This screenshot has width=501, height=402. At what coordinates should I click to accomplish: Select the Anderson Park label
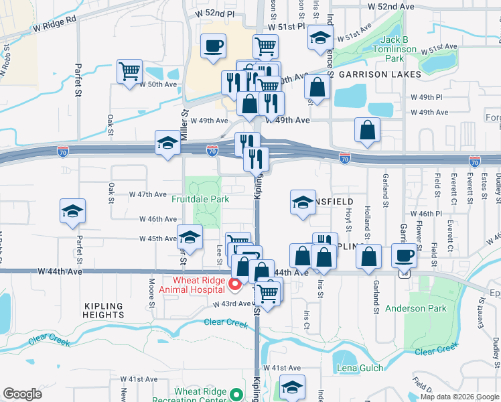(x=415, y=308)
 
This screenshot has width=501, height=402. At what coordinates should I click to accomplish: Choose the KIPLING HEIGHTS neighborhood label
(x=104, y=310)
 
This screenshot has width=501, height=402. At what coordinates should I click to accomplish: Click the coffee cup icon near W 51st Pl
(x=214, y=47)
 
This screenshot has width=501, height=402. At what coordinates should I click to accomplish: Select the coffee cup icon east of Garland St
(x=404, y=256)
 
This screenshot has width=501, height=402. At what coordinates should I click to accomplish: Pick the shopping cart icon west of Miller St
(x=129, y=70)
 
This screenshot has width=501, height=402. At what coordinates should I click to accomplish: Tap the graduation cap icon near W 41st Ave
(x=292, y=387)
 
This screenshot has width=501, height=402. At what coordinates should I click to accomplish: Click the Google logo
(x=23, y=394)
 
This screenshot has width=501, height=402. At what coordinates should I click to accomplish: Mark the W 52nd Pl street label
(x=214, y=13)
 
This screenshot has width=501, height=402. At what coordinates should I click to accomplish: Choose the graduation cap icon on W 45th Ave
(x=190, y=237)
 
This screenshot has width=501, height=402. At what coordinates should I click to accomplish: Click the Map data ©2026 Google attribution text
(x=459, y=397)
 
